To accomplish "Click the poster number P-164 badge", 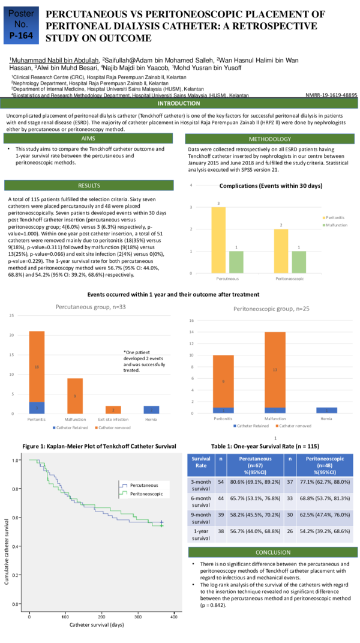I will coord(22,25).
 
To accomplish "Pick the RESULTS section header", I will coord(88,185).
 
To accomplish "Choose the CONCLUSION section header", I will coord(273,552).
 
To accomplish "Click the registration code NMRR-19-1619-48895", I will coord(331,95).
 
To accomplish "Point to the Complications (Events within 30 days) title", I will coord(271,186).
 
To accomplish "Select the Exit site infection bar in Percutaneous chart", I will coord(117,409).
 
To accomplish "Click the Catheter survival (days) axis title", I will coord(97,625).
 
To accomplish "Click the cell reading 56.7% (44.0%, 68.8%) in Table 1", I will coord(254,534).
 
